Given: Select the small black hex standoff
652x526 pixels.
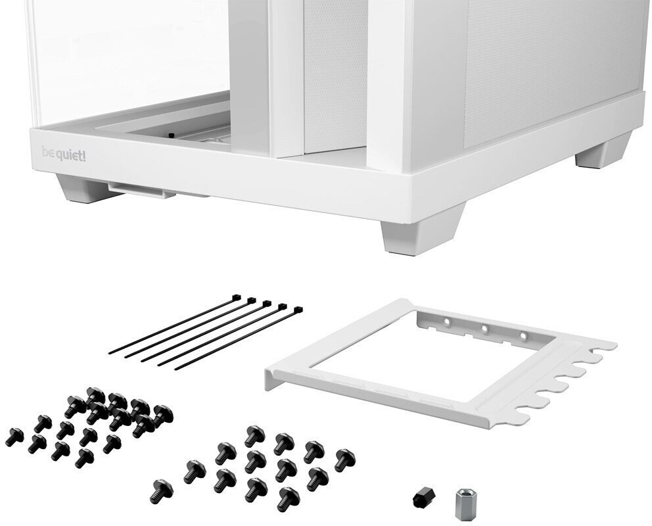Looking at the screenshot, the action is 423,496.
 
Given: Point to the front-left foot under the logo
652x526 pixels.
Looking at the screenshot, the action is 79,189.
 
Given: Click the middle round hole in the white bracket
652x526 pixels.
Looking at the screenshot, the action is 484,329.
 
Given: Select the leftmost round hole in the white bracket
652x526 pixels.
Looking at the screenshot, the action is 448,322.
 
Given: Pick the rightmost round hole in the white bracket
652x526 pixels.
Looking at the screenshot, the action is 524,335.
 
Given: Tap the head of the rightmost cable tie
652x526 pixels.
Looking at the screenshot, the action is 298,310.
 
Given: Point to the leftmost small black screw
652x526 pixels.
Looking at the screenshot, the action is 15,436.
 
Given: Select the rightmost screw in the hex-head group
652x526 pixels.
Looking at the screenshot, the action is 344,460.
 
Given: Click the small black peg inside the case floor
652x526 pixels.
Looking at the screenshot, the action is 170,135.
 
